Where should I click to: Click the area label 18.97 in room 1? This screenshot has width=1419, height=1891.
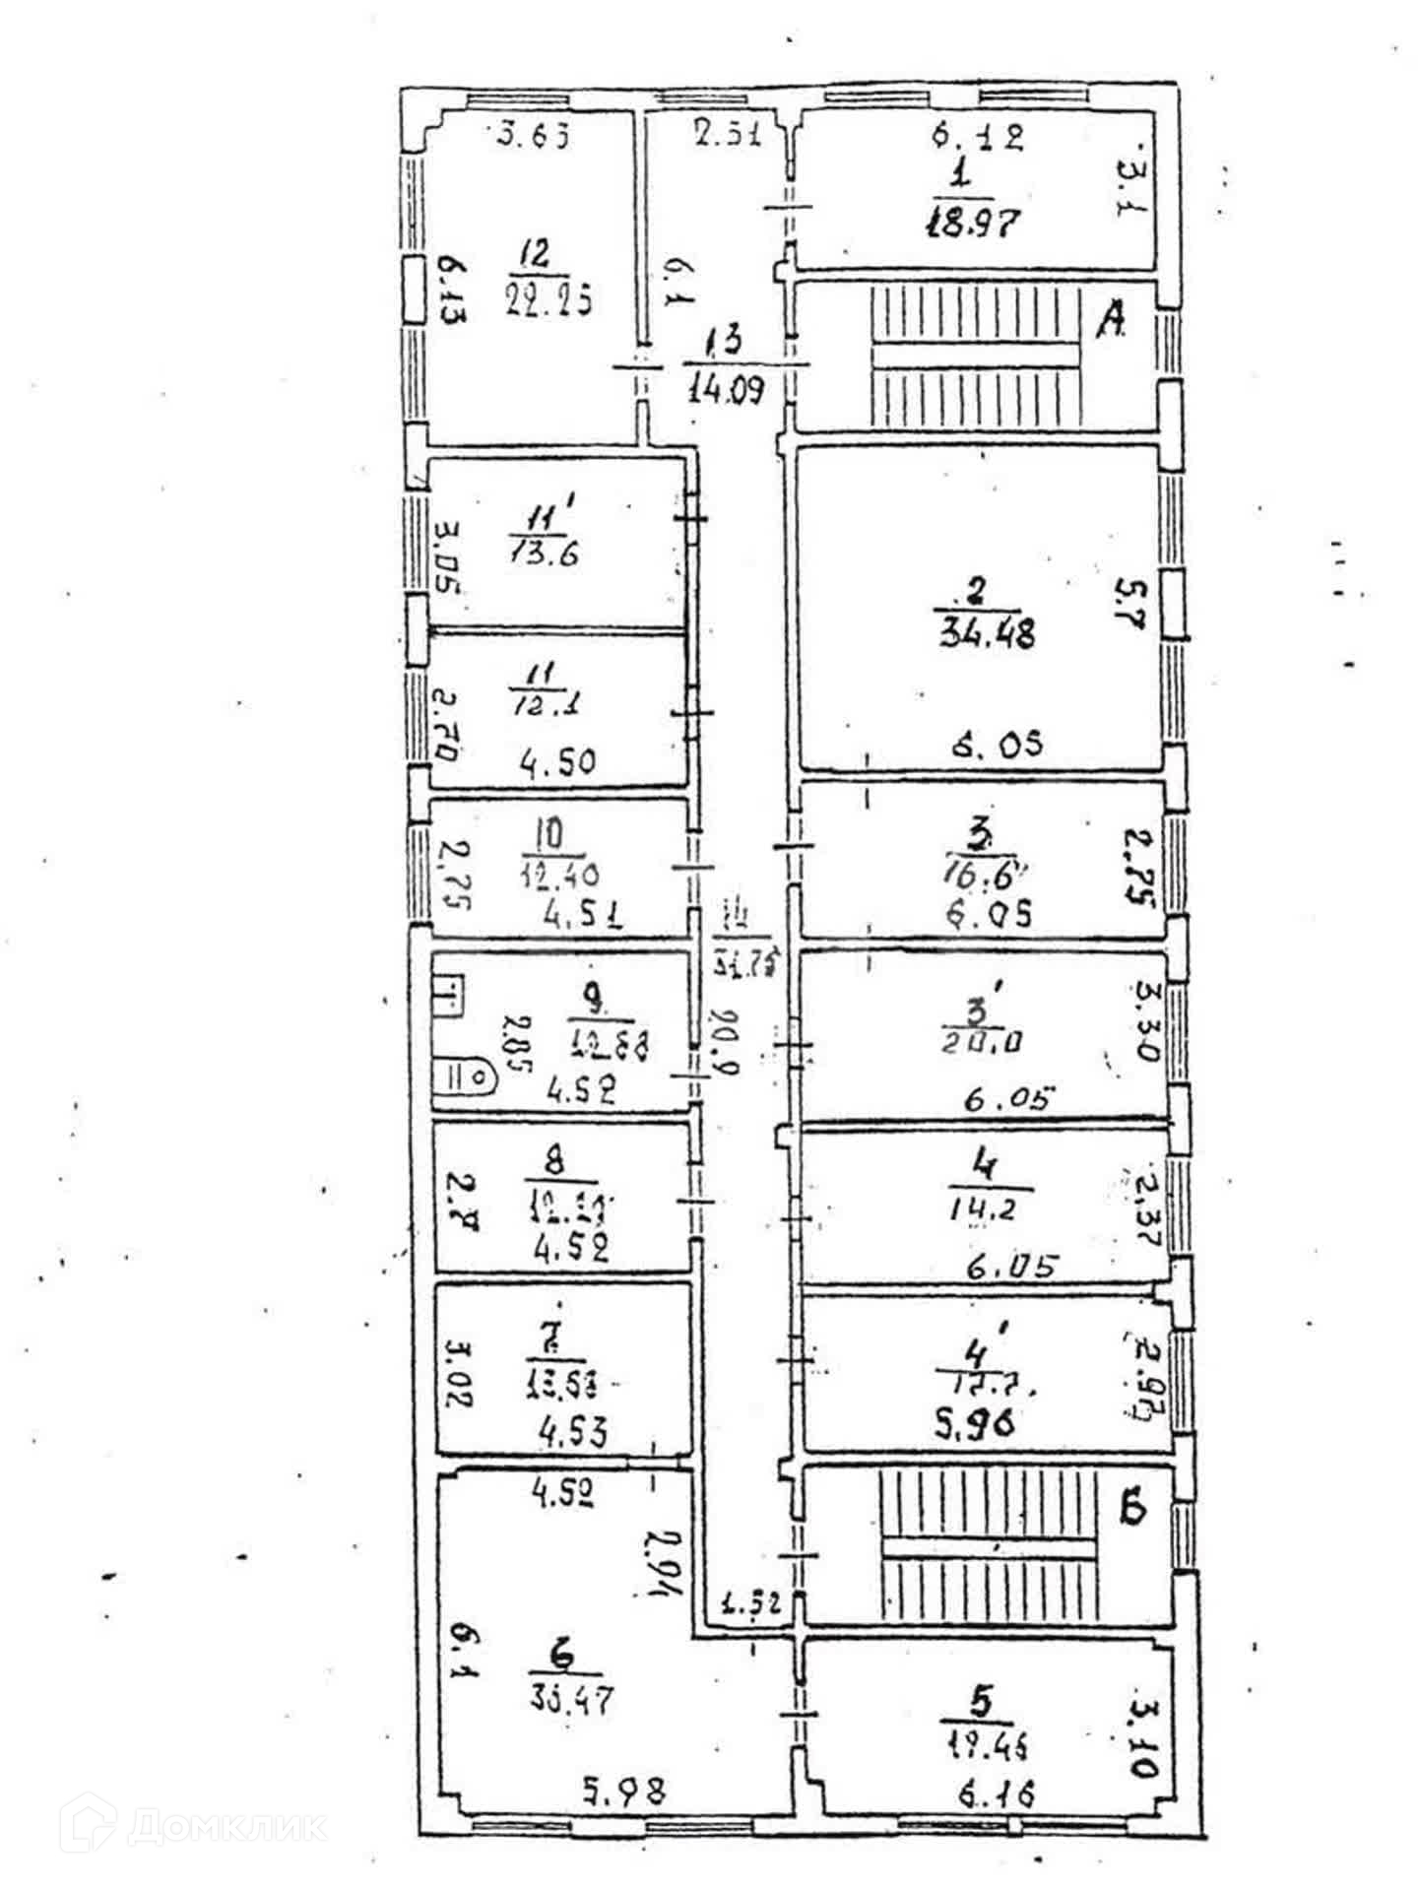click(x=971, y=223)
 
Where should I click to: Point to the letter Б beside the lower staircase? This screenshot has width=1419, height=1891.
click(x=1133, y=1509)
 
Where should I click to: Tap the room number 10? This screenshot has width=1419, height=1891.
click(x=548, y=835)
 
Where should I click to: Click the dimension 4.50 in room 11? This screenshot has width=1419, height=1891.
click(x=557, y=760)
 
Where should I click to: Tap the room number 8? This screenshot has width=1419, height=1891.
click(x=556, y=1161)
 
